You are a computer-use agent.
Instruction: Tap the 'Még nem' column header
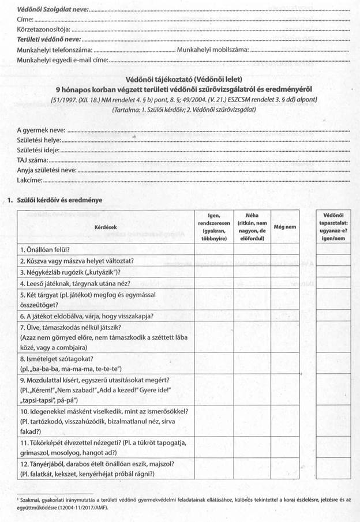286,227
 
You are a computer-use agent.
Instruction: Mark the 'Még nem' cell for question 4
286,283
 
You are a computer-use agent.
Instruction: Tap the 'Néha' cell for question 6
252,316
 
